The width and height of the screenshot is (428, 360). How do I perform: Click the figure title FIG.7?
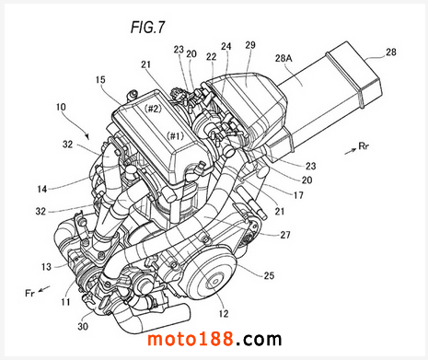(148, 28)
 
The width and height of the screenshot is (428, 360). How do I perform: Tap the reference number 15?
(100, 80)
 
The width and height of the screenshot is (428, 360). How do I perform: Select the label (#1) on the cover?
(175, 135)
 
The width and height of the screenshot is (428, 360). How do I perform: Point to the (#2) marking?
(153, 109)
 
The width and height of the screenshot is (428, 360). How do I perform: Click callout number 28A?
(283, 58)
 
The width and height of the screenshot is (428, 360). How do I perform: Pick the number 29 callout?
(250, 45)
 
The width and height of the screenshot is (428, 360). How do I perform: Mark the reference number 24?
(226, 46)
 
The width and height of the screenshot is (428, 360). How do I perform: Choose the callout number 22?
(211, 56)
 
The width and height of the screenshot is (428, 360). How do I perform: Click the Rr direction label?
(364, 146)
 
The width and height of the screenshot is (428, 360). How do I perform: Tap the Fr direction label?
(29, 294)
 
